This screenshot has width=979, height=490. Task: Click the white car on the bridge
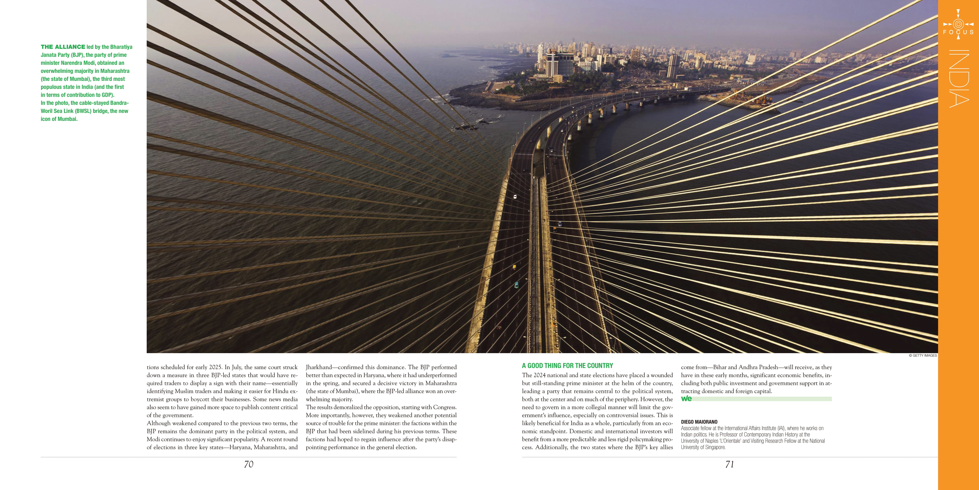pyautogui.click(x=515, y=197)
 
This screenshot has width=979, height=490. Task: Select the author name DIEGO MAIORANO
pyautogui.click(x=699, y=422)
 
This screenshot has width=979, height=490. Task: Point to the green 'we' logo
pyautogui.click(x=686, y=398)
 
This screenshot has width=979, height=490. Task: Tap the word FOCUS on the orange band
pyautogui.click(x=958, y=32)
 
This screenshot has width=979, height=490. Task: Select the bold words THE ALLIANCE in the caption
pyautogui.click(x=63, y=47)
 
